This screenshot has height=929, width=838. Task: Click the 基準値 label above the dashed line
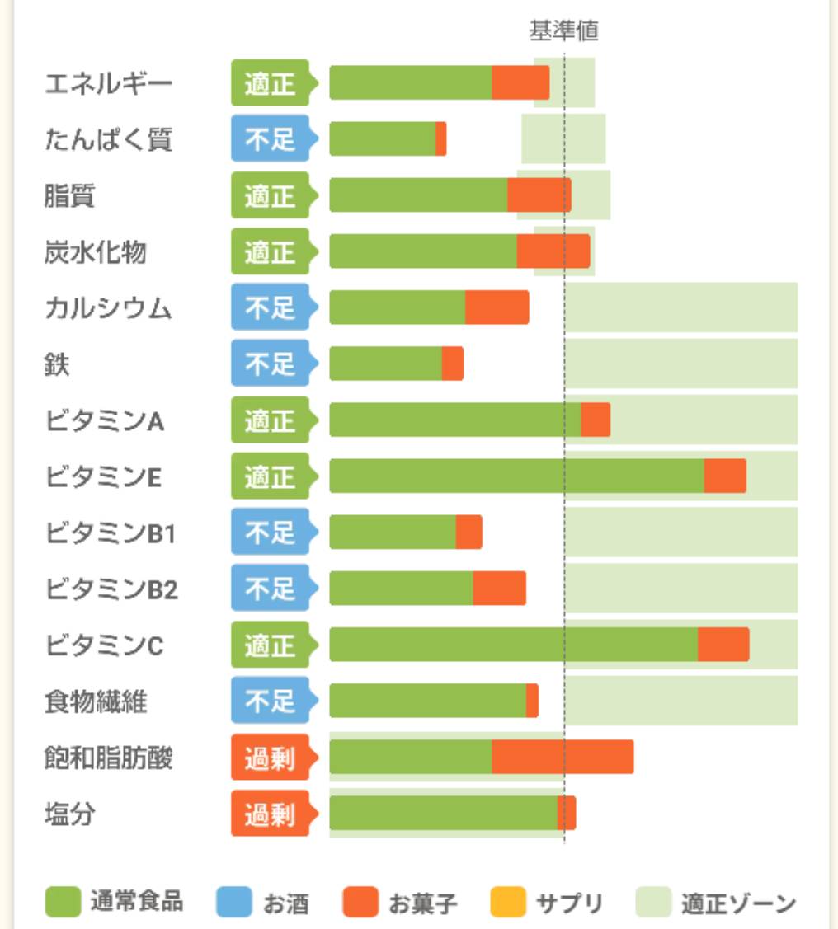tap(563, 31)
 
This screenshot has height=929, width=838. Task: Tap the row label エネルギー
tap(108, 83)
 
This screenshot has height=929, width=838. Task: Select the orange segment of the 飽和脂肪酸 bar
tap(563, 757)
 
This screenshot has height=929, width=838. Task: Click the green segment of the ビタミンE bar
tap(516, 476)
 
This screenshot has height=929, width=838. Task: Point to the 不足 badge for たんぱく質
tap(271, 138)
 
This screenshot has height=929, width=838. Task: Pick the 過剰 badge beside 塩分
tap(271, 814)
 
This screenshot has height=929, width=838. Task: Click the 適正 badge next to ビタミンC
tap(271, 645)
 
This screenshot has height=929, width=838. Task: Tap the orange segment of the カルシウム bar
tap(497, 307)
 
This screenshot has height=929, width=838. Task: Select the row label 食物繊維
tap(96, 701)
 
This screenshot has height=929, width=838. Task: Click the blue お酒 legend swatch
tap(234, 902)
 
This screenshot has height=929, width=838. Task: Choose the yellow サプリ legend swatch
tap(508, 902)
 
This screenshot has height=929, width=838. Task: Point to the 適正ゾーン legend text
tap(738, 903)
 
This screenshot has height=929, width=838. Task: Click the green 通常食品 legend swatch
tap(63, 902)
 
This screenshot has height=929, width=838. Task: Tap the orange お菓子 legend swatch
tap(360, 902)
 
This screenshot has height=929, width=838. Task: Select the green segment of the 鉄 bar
tap(385, 364)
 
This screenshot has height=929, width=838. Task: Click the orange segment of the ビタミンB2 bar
tap(499, 589)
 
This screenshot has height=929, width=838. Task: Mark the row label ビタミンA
tap(104, 421)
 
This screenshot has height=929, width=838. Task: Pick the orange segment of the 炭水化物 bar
tap(553, 251)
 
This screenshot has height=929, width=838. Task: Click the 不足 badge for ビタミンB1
tap(271, 533)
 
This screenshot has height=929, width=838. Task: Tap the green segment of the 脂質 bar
tap(418, 195)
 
